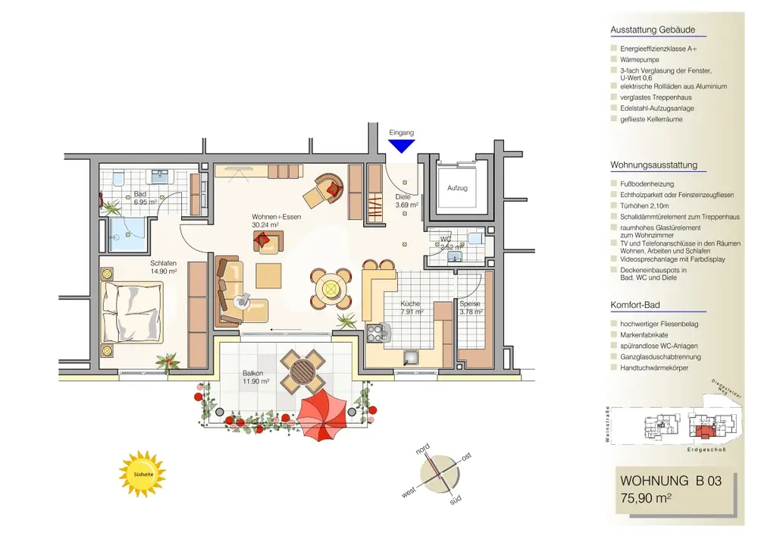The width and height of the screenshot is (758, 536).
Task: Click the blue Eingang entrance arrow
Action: pos(402,146)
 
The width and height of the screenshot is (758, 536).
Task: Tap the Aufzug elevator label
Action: pos(456,187)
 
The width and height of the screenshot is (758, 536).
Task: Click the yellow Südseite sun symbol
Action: pos(143,474)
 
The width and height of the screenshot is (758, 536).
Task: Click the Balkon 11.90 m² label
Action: pos(256,377)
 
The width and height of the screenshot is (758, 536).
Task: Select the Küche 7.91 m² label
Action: pos(412,307)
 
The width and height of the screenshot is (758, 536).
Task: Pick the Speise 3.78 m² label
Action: pos(471,307)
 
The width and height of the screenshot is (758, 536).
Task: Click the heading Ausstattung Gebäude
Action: pos(653,30)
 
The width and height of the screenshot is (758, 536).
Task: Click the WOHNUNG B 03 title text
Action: pos(666,481)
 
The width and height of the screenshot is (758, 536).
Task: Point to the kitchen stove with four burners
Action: pos(376,331)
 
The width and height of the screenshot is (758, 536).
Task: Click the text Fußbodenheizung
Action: pos(647,184)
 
